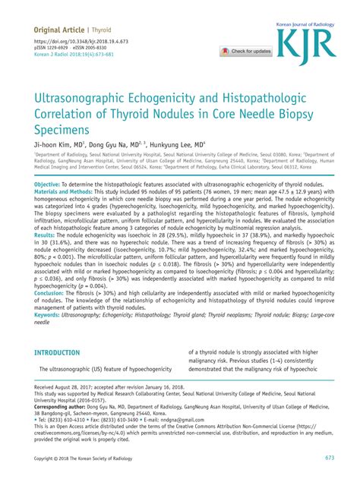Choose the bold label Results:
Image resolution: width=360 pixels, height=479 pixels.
coord(46,257)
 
